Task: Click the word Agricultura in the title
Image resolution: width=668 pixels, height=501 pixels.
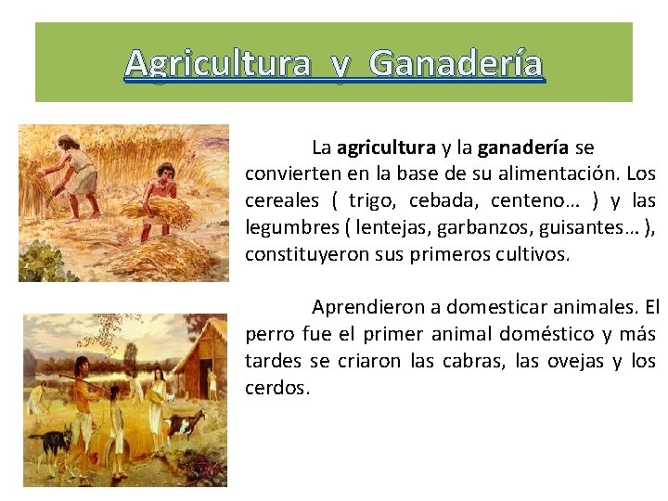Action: pyautogui.click(x=218, y=63)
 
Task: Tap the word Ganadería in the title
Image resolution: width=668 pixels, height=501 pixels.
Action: pyautogui.click(x=456, y=63)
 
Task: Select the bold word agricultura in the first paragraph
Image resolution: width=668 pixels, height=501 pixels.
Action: pyautogui.click(x=386, y=148)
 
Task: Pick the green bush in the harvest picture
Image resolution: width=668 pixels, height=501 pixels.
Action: pyautogui.click(x=41, y=260)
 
